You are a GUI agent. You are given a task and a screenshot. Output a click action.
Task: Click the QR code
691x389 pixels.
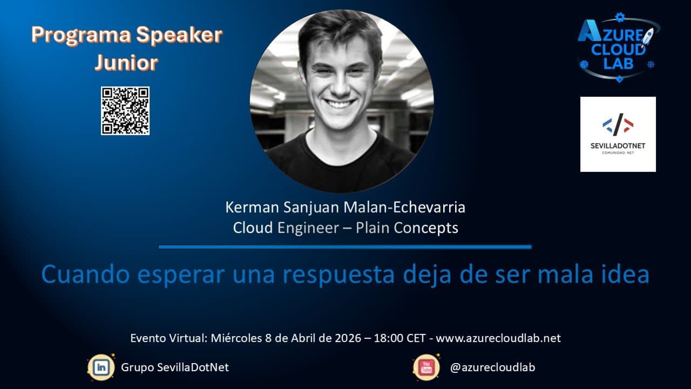[125, 111]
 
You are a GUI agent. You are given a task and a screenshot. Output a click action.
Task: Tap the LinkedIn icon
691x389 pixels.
[101, 367]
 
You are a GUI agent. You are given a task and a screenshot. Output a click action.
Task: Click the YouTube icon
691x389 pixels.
[426, 367]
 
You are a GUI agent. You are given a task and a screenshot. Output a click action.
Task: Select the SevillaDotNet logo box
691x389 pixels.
[618, 135]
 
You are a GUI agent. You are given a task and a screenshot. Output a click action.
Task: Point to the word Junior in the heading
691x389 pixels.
[126, 63]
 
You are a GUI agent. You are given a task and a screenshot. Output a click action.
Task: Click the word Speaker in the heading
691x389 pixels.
[179, 36]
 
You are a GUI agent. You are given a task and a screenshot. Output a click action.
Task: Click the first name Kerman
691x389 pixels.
[252, 207]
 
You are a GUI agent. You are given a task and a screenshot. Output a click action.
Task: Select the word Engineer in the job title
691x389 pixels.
[308, 228]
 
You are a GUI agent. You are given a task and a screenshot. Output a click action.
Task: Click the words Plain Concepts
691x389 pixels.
[407, 228]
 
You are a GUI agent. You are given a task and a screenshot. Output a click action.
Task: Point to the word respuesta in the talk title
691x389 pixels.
[338, 274]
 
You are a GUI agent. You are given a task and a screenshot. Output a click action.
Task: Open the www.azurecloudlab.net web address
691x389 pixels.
[498, 338]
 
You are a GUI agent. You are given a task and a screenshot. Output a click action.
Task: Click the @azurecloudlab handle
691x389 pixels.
[493, 367]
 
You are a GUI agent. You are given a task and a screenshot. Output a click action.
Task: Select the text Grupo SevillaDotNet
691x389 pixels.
[175, 367]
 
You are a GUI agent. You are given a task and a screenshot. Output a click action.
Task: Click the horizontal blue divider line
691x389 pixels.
[345, 247]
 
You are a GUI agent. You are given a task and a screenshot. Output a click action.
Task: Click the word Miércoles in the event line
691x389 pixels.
[236, 338]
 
